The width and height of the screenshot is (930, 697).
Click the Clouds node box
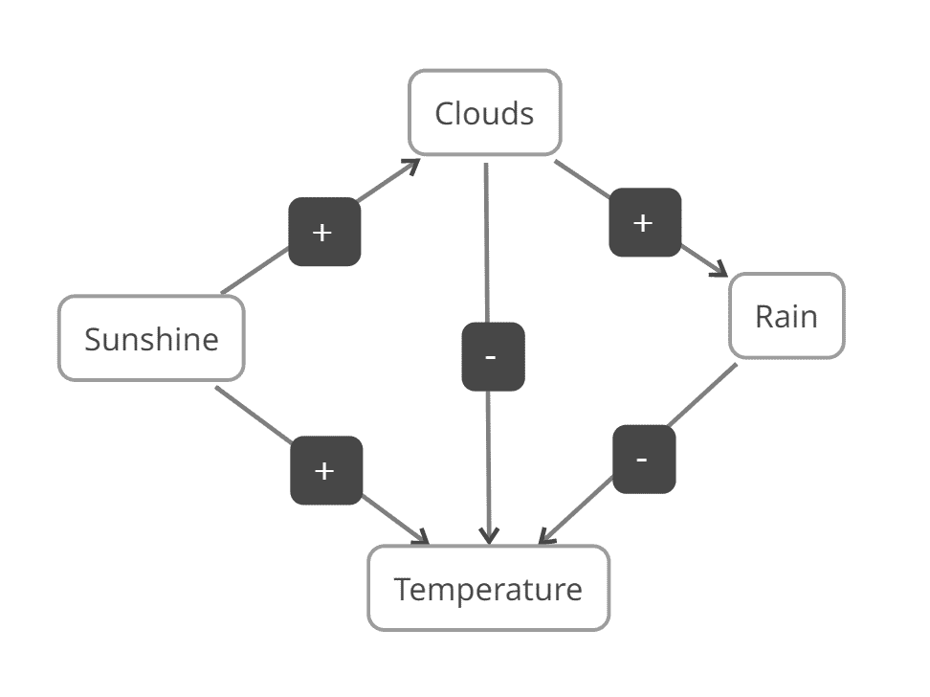tap(484, 112)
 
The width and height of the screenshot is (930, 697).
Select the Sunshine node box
tap(151, 338)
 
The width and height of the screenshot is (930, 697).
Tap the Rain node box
tap(786, 316)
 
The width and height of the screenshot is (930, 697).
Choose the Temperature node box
tap(488, 588)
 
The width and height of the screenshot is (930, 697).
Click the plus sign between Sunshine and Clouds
tap(324, 232)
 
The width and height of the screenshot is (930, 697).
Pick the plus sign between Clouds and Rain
tap(645, 222)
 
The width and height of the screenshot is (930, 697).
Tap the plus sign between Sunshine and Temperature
tap(326, 470)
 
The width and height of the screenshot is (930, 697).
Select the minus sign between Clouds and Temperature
tap(493, 356)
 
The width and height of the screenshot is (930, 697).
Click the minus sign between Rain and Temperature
tap(643, 459)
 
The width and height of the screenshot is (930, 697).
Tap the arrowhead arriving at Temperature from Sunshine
tap(422, 539)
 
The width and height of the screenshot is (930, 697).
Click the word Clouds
tap(484, 113)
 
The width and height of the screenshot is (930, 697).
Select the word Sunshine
tap(151, 339)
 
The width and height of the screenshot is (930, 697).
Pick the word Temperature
tap(488, 589)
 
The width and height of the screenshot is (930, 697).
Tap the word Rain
tap(786, 316)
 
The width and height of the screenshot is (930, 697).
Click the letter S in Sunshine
tap(93, 339)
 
